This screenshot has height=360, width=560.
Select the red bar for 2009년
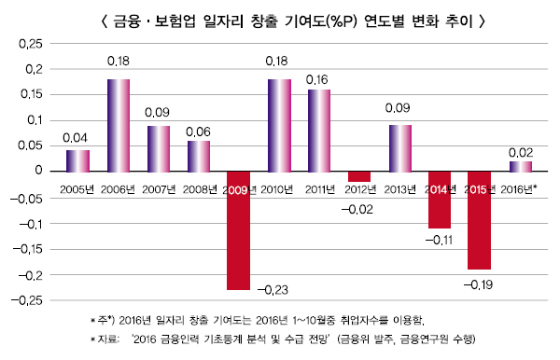(239, 230)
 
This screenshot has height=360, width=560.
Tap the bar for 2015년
(480, 220)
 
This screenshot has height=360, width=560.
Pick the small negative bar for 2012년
(359, 176)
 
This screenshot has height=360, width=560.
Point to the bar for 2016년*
(520, 166)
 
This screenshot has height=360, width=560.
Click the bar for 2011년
(319, 130)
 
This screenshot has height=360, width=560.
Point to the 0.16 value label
(319, 80)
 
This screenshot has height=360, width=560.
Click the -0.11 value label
(440, 240)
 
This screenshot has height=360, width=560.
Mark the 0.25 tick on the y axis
(31, 44)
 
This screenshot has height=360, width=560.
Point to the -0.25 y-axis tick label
(28, 300)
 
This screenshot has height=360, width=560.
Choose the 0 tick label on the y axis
(39, 172)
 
